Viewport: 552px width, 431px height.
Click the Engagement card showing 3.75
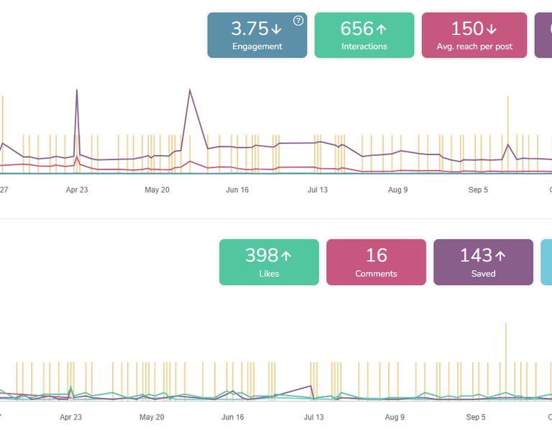[x=257, y=34]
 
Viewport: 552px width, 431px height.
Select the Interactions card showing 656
[x=364, y=34]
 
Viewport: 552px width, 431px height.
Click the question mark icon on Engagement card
[x=298, y=21]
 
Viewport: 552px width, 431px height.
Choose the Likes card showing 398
[x=268, y=262]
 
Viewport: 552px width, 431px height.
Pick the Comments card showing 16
[x=376, y=262]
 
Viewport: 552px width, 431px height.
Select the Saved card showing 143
[x=483, y=262]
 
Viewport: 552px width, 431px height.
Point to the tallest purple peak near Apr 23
[x=76, y=91]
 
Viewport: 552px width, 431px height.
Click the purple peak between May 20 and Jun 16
[x=190, y=91]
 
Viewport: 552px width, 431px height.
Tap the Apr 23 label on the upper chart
[x=77, y=190]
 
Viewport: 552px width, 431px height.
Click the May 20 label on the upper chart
[x=157, y=190]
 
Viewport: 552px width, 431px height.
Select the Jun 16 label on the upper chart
[x=237, y=190]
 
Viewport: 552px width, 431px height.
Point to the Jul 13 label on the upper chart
[x=318, y=190]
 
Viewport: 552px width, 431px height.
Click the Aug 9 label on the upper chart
[x=397, y=190]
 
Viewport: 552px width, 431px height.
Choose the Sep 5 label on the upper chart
[x=478, y=190]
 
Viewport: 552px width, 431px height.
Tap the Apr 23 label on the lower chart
[x=70, y=417]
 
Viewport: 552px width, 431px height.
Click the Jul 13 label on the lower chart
[x=314, y=417]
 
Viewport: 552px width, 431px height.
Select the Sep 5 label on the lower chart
[x=476, y=417]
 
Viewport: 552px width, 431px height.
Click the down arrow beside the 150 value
[x=492, y=29]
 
